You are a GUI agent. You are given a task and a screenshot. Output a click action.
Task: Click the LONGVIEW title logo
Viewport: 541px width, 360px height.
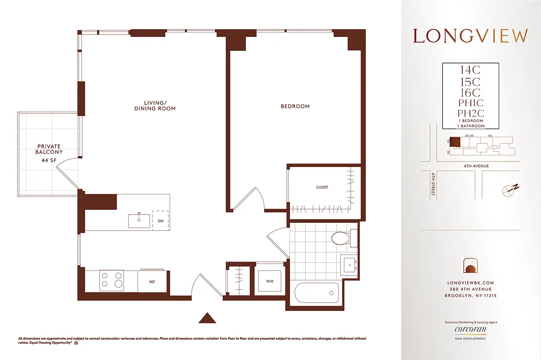[470, 36]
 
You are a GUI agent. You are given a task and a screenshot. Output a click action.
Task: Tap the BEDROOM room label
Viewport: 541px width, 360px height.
[295, 107]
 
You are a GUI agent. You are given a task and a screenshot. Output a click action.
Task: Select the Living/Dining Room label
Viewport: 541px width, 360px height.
[155, 105]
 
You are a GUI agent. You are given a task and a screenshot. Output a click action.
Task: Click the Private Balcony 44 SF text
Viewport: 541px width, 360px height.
[50, 152]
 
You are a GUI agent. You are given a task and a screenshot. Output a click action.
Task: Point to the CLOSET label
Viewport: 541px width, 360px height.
[322, 187]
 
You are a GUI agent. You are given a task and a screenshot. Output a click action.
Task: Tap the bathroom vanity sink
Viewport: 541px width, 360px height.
[349, 264]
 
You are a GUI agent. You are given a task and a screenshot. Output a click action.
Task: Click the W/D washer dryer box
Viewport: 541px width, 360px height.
[270, 281]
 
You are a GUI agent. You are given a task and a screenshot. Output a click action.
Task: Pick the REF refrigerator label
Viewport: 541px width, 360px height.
[152, 282]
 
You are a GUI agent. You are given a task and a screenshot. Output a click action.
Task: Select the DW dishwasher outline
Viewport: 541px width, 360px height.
[161, 221]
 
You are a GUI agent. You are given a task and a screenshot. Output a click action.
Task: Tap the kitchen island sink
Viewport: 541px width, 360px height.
[139, 220]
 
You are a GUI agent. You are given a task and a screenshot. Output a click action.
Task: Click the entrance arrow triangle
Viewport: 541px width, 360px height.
[207, 318]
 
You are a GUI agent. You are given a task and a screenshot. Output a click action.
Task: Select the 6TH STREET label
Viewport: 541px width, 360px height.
[433, 184]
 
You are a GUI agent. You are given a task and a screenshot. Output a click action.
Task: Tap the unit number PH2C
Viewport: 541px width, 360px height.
[470, 113]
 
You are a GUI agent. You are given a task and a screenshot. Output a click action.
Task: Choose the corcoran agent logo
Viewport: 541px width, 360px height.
[470, 329]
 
